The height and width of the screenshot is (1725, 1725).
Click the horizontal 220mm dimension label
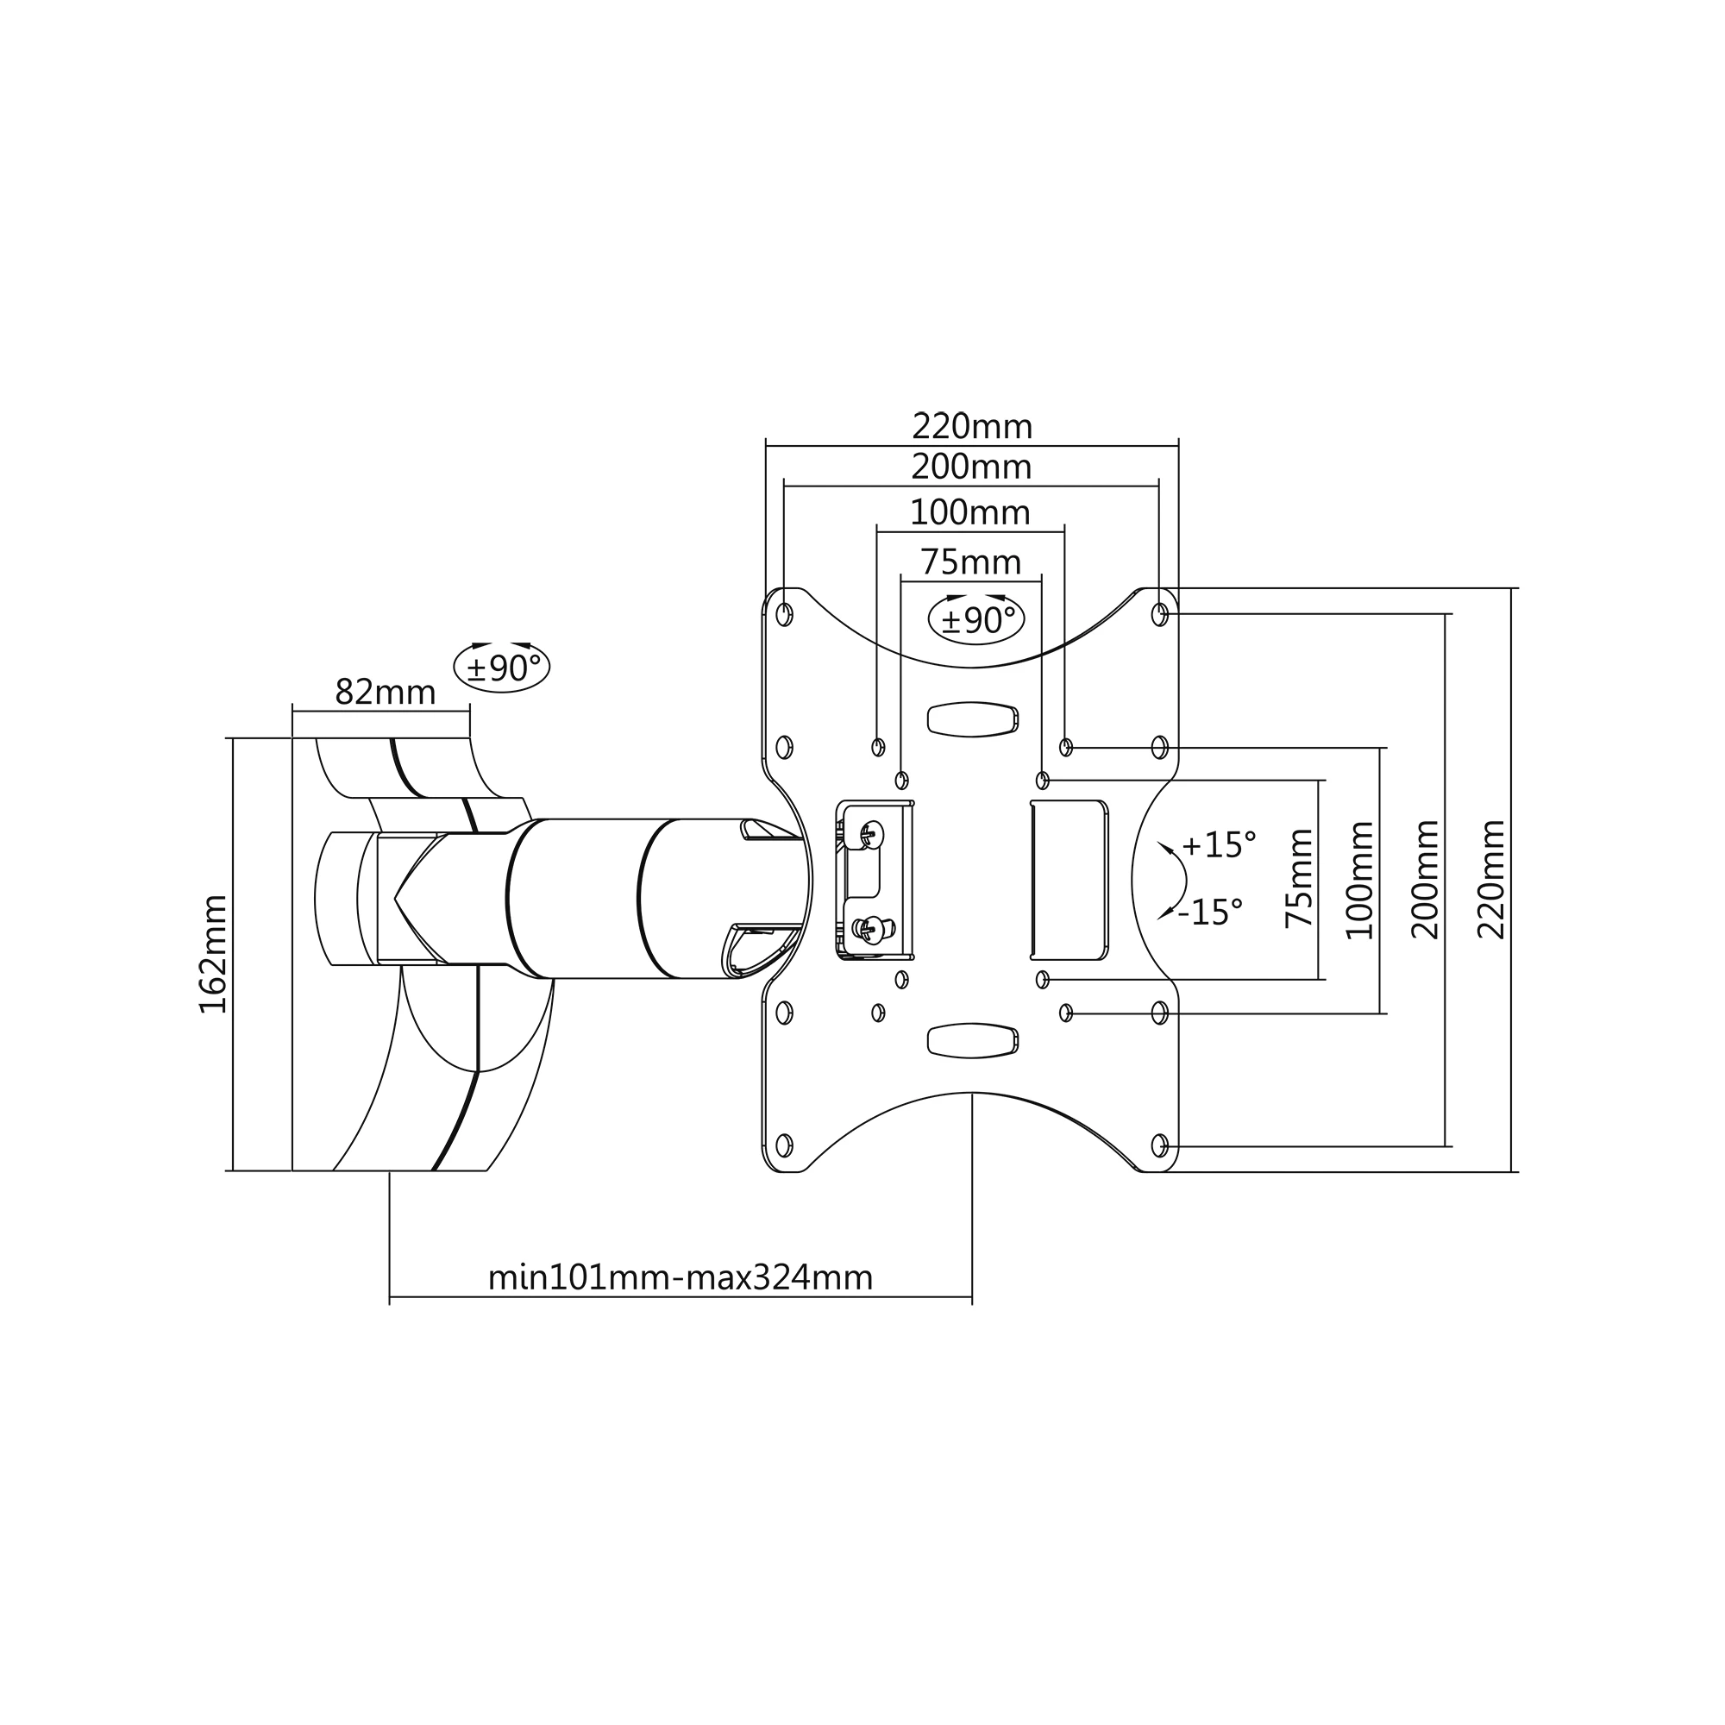pyautogui.click(x=971, y=427)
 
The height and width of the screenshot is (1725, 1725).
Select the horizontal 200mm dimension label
pyautogui.click(x=971, y=467)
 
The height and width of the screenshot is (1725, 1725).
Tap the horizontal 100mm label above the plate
pyautogui.click(x=969, y=512)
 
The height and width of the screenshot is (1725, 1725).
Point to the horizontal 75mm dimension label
pyautogui.click(x=970, y=562)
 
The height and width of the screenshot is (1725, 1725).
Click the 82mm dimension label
pyautogui.click(x=385, y=692)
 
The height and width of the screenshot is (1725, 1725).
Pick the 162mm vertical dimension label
pyautogui.click(x=213, y=955)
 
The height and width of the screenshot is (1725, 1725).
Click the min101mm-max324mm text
pyautogui.click(x=681, y=1277)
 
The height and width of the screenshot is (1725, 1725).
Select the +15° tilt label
pyautogui.click(x=1219, y=844)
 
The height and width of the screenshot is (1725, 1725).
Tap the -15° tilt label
pyautogui.click(x=1210, y=913)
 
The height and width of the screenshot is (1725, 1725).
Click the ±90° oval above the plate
pyautogui.click(x=977, y=618)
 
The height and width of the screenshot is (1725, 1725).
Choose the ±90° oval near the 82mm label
pyautogui.click(x=502, y=667)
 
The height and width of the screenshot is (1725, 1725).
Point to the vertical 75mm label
pyautogui.click(x=1300, y=879)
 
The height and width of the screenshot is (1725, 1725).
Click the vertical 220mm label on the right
pyautogui.click(x=1490, y=880)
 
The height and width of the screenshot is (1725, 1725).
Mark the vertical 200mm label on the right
pyautogui.click(x=1426, y=880)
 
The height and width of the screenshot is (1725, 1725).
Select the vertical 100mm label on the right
pyautogui.click(x=1360, y=881)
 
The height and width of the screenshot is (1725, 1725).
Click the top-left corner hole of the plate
pyautogui.click(x=784, y=614)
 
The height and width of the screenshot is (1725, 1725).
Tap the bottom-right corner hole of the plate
pyautogui.click(x=1160, y=1145)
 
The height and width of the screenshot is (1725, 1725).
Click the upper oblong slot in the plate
pyautogui.click(x=973, y=718)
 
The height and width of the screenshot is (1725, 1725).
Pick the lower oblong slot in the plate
pyautogui.click(x=973, y=1040)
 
